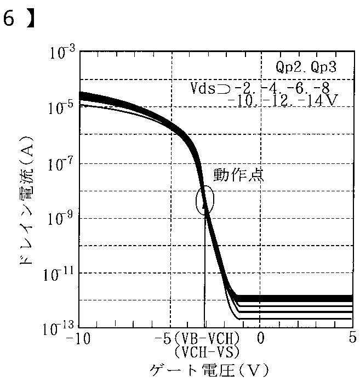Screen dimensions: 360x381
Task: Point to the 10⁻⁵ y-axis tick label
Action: pyautogui.click(x=62, y=107)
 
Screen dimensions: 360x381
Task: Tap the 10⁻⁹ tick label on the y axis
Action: pyautogui.click(x=62, y=218)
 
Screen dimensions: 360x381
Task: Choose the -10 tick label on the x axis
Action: pyautogui.click(x=78, y=338)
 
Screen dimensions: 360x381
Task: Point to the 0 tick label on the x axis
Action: pyautogui.click(x=260, y=338)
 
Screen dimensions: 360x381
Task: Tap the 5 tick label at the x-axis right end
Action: pyautogui.click(x=353, y=337)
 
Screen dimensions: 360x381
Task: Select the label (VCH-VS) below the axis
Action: pyautogui.click(x=207, y=352)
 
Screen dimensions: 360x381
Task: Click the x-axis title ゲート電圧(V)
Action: pyautogui.click(x=209, y=371)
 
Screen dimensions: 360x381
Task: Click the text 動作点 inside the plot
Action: pyautogui.click(x=238, y=175)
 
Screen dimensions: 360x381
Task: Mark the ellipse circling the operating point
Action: pyautogui.click(x=197, y=200)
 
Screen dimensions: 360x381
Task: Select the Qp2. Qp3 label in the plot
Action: pyautogui.click(x=306, y=66)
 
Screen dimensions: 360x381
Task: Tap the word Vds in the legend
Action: pyautogui.click(x=203, y=88)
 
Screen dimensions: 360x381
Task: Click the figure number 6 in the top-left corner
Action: pyautogui.click(x=9, y=19)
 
